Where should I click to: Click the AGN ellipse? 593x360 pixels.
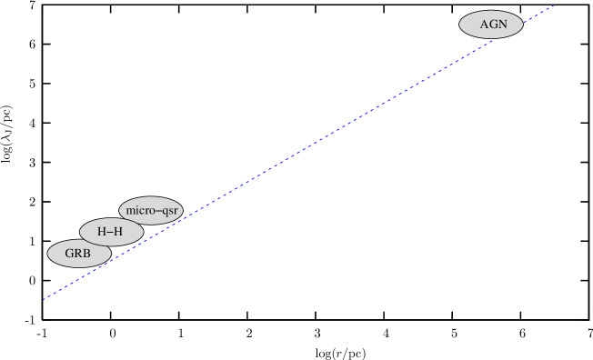click(x=491, y=25)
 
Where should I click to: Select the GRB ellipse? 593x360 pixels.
click(x=79, y=254)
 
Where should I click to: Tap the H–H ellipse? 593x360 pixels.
click(x=111, y=232)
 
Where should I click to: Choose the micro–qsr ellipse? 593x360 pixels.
click(x=151, y=210)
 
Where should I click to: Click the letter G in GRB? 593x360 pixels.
click(x=69, y=254)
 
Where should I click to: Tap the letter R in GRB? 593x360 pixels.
click(x=78, y=254)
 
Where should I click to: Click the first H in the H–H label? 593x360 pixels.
click(x=102, y=232)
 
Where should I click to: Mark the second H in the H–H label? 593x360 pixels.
click(x=118, y=232)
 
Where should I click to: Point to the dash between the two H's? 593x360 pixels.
click(x=110, y=233)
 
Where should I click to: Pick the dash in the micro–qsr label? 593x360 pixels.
click(x=156, y=211)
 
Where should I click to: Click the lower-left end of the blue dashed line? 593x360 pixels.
click(x=44, y=298)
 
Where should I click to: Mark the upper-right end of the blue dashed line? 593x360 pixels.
click(x=555, y=5)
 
